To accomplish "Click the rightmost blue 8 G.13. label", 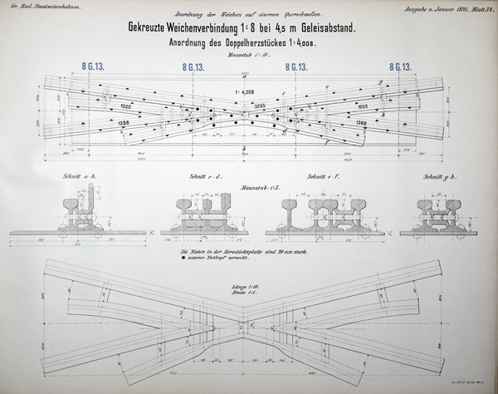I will click(x=401, y=66).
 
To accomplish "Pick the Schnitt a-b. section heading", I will click(x=77, y=177).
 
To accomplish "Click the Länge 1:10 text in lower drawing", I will click(x=247, y=287).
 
